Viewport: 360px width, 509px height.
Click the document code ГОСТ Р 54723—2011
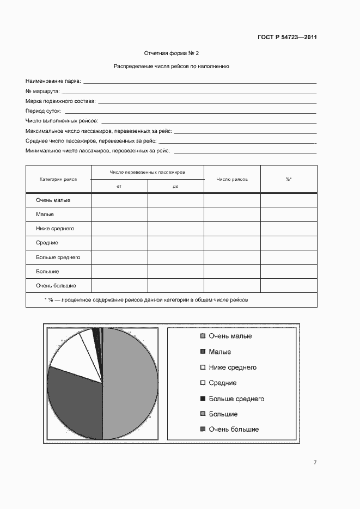[287, 38]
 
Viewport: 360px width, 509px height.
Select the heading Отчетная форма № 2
[172, 53]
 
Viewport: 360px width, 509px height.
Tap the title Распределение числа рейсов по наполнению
[172, 67]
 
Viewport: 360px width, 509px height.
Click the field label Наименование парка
[53, 81]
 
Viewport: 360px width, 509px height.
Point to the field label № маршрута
[42, 91]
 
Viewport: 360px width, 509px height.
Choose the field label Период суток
[43, 111]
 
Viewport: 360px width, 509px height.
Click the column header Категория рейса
[58, 179]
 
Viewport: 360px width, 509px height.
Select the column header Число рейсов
[232, 179]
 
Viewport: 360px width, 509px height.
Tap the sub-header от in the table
[119, 186]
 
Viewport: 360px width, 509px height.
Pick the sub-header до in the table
[176, 186]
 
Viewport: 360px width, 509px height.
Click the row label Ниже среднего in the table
[55, 229]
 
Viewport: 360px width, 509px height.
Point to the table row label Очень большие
[56, 285]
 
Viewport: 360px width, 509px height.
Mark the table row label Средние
[47, 243]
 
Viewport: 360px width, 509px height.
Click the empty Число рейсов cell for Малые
[232, 214]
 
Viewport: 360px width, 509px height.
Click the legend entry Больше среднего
[236, 398]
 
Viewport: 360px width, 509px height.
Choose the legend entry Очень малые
[230, 336]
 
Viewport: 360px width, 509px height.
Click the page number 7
[315, 463]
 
